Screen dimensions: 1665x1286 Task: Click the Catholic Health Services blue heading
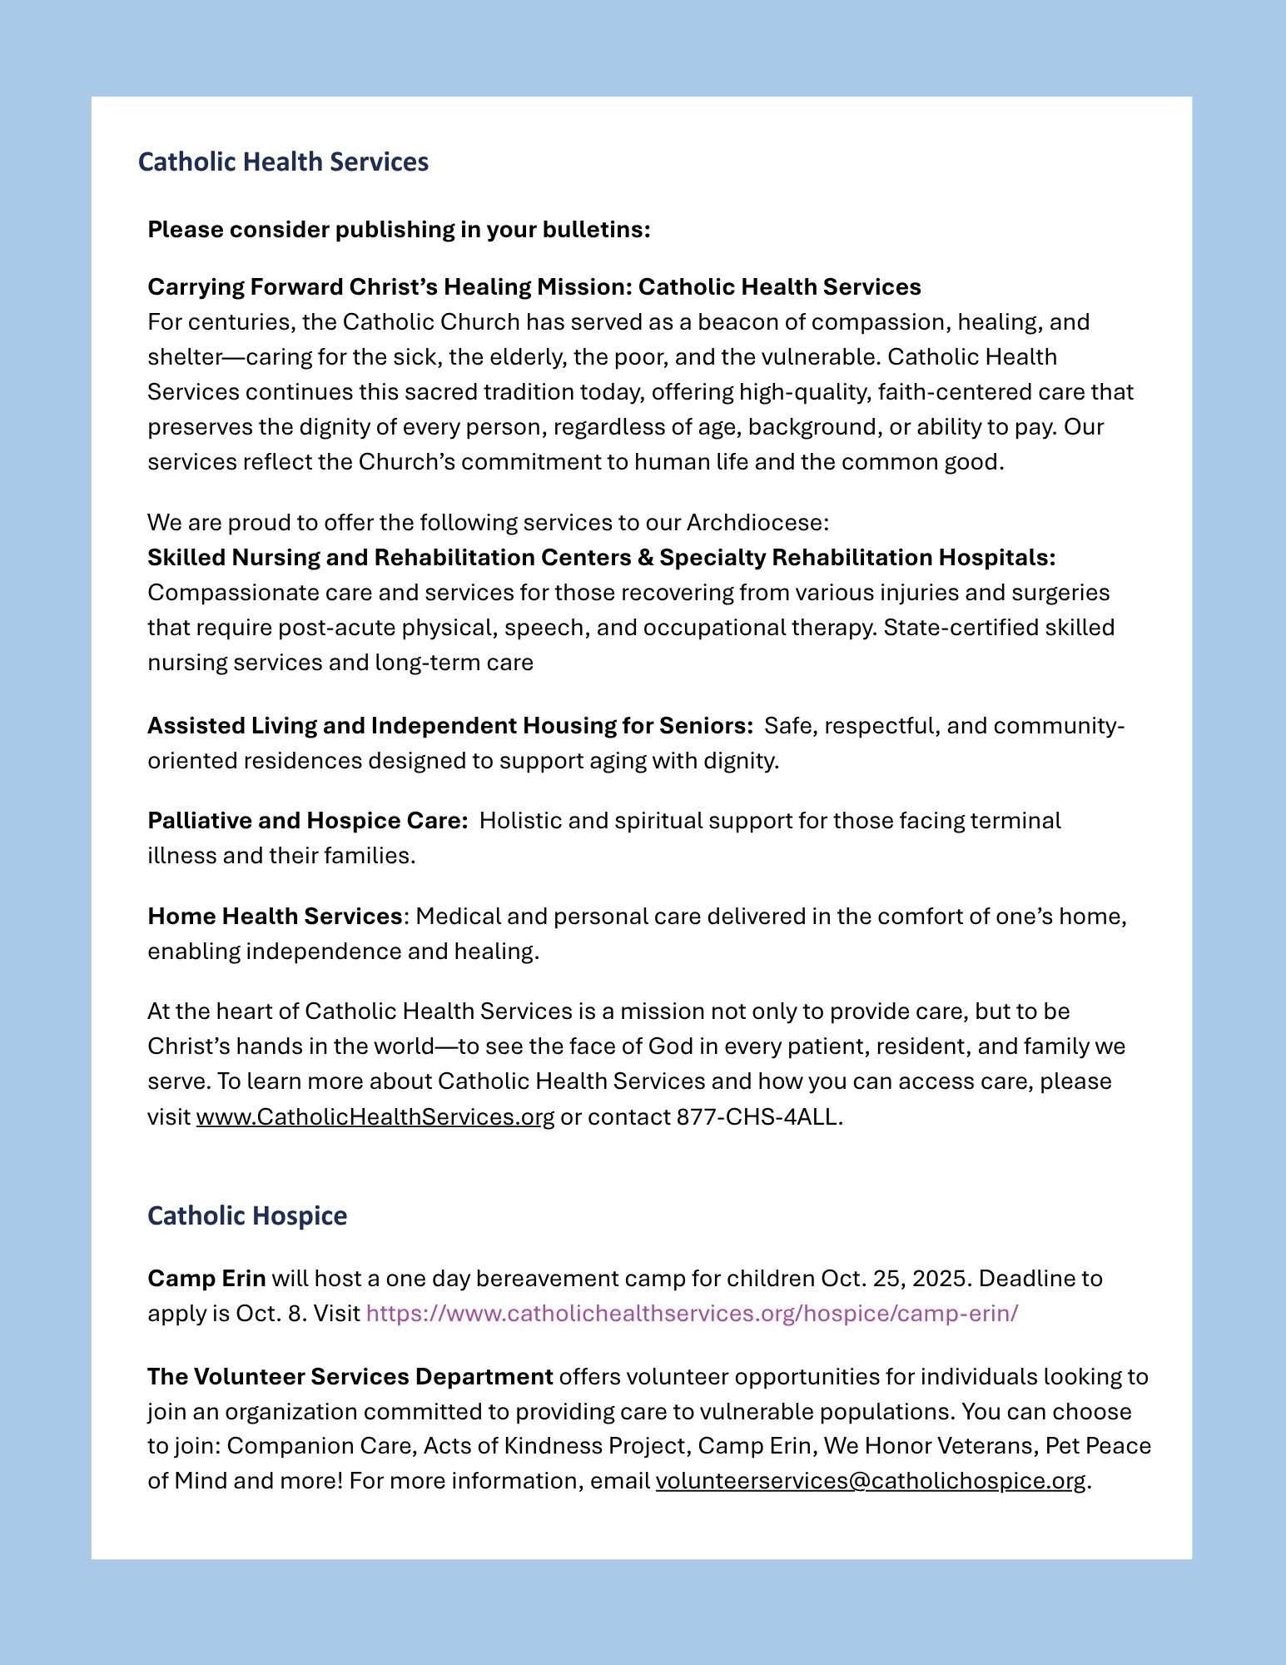point(283,162)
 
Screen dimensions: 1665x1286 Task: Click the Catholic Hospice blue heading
point(247,1215)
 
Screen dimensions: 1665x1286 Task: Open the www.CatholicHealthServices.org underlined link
point(375,1116)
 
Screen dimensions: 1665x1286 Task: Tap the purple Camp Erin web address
point(692,1313)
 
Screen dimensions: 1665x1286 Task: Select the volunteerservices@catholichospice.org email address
point(871,1481)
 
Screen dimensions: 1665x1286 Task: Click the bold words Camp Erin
point(206,1278)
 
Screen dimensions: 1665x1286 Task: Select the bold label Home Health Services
point(275,916)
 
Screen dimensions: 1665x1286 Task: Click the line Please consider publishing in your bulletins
point(399,229)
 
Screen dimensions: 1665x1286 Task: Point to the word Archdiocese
point(757,523)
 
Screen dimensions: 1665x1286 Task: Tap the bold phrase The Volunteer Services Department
point(350,1376)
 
